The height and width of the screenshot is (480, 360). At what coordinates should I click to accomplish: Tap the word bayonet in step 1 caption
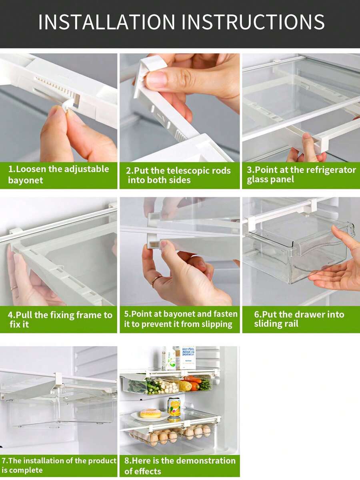click(x=26, y=180)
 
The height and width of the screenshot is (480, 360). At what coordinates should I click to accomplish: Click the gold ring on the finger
click(x=156, y=281)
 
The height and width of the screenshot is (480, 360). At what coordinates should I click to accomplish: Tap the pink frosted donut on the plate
click(x=150, y=413)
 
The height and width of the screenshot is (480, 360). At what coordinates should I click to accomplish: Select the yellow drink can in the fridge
click(x=174, y=407)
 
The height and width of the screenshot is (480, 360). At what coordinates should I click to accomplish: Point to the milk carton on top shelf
click(x=187, y=357)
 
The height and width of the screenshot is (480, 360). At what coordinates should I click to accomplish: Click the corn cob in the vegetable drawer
click(x=185, y=386)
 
